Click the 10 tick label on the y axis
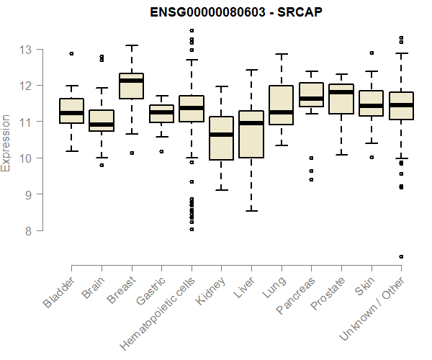(26, 158)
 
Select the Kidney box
(221, 138)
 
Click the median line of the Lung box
(281, 112)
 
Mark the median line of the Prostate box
(341, 92)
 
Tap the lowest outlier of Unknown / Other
(401, 256)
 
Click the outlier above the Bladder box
(71, 53)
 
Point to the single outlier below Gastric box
(161, 151)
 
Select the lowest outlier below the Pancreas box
(311, 179)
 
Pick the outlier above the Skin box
(371, 53)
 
